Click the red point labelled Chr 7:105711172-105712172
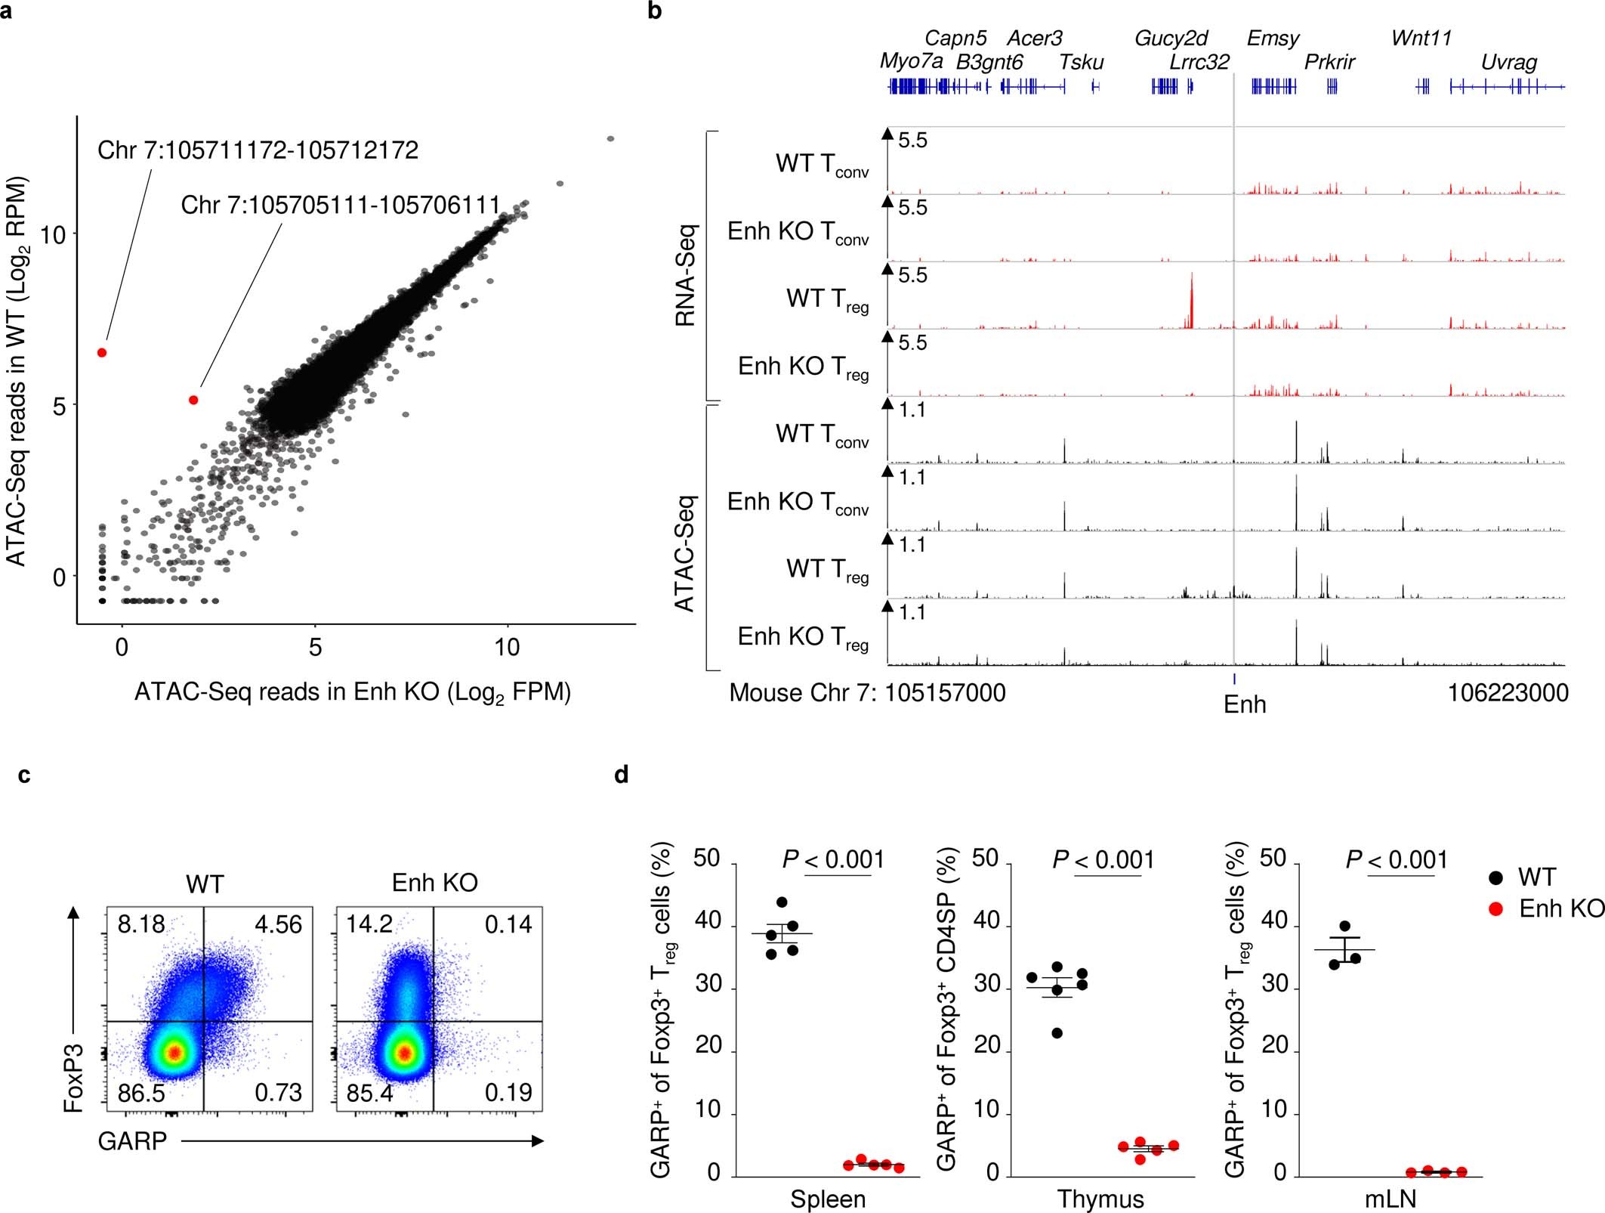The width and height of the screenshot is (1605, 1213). (102, 353)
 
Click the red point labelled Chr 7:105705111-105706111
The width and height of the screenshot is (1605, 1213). (193, 400)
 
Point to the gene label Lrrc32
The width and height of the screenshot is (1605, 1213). (1199, 62)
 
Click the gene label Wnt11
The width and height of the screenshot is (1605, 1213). (1421, 38)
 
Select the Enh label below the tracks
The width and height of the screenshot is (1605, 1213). (1245, 704)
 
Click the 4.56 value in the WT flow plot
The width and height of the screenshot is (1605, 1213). (278, 924)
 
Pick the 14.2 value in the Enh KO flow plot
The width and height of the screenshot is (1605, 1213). (369, 924)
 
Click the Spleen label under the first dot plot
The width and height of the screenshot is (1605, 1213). (828, 1199)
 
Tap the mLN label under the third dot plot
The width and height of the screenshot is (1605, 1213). (1390, 1199)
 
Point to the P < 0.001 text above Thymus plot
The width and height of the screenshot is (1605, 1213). (1103, 860)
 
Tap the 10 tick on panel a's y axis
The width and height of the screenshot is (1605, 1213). (53, 234)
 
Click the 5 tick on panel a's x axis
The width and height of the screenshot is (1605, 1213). (315, 647)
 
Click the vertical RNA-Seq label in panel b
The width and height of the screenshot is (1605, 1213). (685, 275)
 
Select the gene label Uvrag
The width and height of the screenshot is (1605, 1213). (1508, 62)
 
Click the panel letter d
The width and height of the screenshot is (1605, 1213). (622, 775)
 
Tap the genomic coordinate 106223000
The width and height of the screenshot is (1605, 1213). (1508, 692)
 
